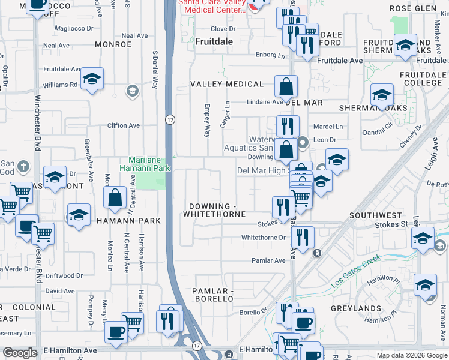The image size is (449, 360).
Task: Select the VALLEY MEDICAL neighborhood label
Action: tap(227, 84)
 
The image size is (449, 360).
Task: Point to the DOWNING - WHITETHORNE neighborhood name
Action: tap(214, 210)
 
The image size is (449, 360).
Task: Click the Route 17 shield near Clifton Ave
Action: tap(170, 120)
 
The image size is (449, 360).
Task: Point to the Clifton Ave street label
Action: tap(124, 125)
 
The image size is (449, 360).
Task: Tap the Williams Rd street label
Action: tap(60, 85)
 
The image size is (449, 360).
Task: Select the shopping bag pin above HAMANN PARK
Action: tap(115, 197)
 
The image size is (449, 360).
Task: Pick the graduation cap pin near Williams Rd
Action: tap(92, 79)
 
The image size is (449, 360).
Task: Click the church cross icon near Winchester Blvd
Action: tap(23, 166)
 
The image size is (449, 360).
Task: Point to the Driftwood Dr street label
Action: tap(64, 275)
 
